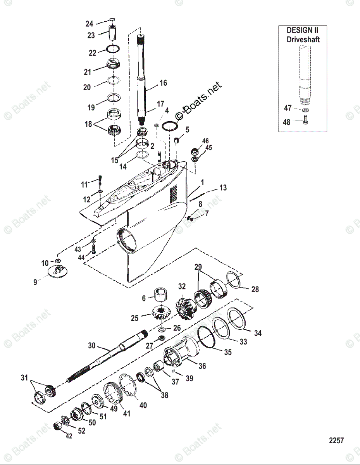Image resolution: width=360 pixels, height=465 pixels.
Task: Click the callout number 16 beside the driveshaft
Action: pyautogui.click(x=163, y=83)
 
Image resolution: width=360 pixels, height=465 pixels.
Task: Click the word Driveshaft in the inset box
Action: pyautogui.click(x=303, y=39)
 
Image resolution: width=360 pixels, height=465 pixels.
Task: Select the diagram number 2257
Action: pyautogui.click(x=336, y=441)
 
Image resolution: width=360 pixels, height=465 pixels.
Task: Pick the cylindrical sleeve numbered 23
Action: pyautogui.click(x=112, y=32)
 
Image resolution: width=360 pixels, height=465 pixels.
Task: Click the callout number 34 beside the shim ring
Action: pyautogui.click(x=258, y=333)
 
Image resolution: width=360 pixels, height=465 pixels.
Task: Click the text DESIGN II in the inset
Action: pyautogui.click(x=303, y=30)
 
